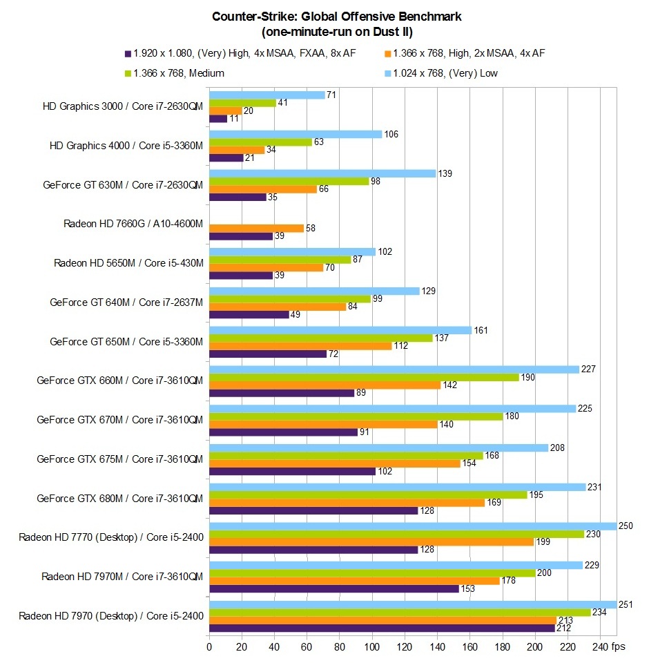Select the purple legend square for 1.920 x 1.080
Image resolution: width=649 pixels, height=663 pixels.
128,53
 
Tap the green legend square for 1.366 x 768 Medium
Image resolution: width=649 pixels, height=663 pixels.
128,73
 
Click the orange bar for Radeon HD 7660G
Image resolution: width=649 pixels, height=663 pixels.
256,228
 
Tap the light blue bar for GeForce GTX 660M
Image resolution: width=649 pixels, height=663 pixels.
394,369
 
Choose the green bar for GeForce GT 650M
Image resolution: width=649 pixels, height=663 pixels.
320,338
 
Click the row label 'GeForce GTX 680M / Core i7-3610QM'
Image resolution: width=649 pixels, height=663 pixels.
119,498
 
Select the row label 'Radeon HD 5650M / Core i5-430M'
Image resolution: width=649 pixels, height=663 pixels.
128,263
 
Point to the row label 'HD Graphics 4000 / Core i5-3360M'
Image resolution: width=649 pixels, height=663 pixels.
126,146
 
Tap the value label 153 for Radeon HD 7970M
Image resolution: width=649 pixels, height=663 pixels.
468,588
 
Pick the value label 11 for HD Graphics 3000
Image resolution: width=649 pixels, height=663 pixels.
235,119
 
